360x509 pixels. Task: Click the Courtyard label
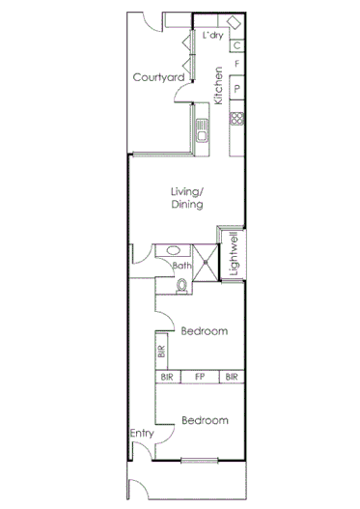click(x=159, y=78)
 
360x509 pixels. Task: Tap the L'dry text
click(x=213, y=36)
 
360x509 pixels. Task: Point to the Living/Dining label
click(x=182, y=197)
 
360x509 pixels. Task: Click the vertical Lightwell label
click(x=233, y=255)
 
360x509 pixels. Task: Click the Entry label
click(x=141, y=434)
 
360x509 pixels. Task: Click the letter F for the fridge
click(x=236, y=65)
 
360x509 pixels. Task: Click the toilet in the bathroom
click(x=182, y=284)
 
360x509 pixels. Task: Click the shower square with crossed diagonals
click(x=206, y=257)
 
